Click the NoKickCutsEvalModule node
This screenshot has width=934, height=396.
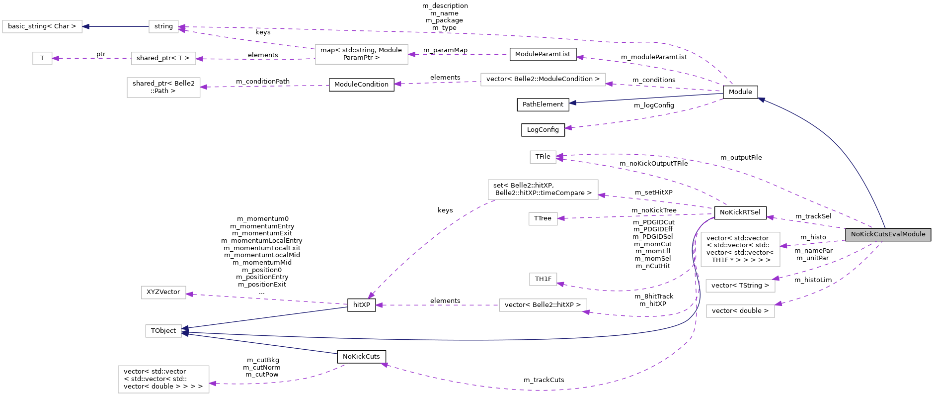[888, 234]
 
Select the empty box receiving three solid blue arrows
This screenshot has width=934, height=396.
[163, 331]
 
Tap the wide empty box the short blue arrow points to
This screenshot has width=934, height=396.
[42, 26]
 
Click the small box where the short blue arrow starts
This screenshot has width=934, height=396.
[163, 26]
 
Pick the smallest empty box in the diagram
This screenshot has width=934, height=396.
[42, 58]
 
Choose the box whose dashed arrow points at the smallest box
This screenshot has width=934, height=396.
[163, 58]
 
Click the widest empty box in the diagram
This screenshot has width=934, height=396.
[543, 80]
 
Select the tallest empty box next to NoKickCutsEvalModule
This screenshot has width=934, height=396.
[740, 249]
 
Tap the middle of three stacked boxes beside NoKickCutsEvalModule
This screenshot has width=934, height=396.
[740, 286]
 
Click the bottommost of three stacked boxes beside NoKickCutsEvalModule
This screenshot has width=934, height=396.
[740, 311]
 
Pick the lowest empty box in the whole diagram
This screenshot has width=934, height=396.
[163, 379]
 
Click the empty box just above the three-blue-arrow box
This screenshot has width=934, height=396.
[163, 293]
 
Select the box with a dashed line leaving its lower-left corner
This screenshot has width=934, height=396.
[543, 190]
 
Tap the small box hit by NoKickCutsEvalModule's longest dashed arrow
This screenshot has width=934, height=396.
[543, 157]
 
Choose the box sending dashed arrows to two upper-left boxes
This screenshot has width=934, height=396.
[361, 54]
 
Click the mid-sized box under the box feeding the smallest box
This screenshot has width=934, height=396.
[163, 88]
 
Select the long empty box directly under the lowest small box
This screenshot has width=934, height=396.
[543, 305]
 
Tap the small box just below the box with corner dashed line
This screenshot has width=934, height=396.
[543, 219]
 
